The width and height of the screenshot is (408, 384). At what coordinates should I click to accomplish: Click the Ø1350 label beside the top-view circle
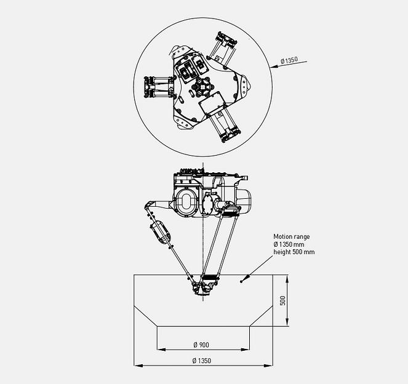pos(289,60)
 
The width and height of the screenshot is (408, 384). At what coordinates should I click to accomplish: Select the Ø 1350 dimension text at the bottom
pos(202,361)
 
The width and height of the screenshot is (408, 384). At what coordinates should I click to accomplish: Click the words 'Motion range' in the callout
pos(292,236)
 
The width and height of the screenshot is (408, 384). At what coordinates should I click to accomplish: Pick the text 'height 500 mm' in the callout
pos(294,252)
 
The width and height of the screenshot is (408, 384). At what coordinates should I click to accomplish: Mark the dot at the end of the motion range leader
pos(242,281)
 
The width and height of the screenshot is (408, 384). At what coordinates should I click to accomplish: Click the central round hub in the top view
pos(202,88)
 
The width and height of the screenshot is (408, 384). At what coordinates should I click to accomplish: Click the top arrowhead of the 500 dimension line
pos(287,278)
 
